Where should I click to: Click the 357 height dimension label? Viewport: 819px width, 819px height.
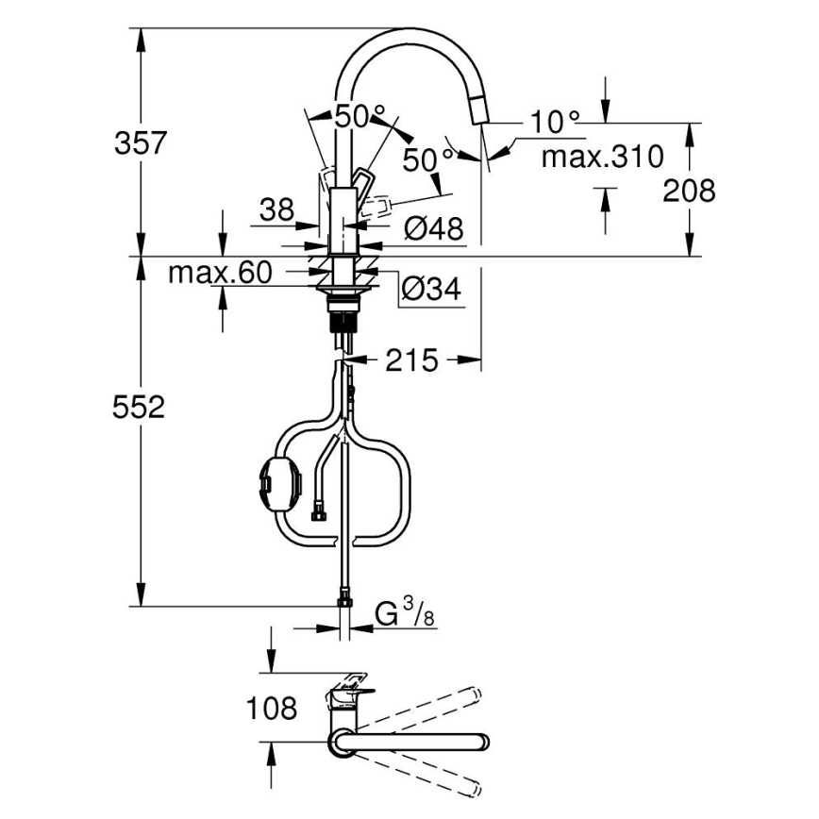click(x=140, y=143)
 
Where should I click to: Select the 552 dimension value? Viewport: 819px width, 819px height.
click(x=140, y=408)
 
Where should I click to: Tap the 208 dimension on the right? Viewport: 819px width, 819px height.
click(x=688, y=191)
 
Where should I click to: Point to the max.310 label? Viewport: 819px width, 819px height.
click(x=602, y=156)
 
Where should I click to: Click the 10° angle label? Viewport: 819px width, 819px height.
click(x=554, y=122)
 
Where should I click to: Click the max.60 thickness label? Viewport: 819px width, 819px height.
click(x=220, y=274)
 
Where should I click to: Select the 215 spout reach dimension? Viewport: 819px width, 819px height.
click(x=412, y=359)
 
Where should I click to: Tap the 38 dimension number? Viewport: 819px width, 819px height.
click(x=277, y=209)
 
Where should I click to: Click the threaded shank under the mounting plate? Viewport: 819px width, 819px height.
click(x=343, y=314)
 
